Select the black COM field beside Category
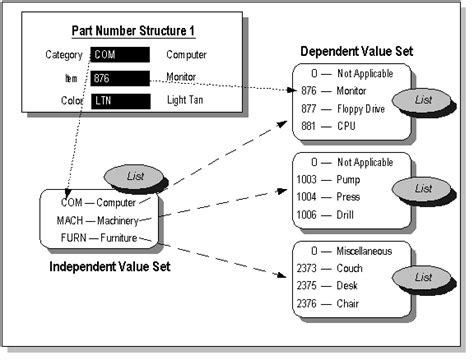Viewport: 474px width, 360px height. pyautogui.click(x=120, y=54)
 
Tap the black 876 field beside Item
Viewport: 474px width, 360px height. pyautogui.click(x=120, y=77)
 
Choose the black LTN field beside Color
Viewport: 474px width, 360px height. pyautogui.click(x=120, y=100)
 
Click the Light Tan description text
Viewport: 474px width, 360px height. pyautogui.click(x=189, y=100)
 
